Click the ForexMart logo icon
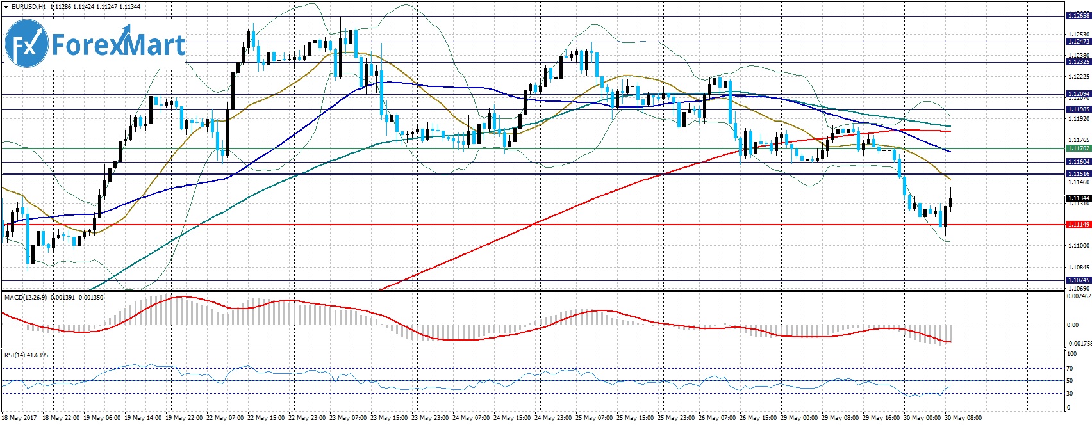tap(26, 44)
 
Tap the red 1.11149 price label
tap(1078, 225)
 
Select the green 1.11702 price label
tap(1078, 148)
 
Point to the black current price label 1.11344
tap(1078, 198)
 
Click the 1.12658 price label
tap(1078, 15)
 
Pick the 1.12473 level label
tap(1078, 42)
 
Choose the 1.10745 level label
tap(1078, 280)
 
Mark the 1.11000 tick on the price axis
tap(1078, 246)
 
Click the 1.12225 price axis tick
tap(1078, 77)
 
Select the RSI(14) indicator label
tap(17, 355)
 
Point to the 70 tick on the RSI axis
tap(1070, 369)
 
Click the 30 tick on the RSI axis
tap(1070, 394)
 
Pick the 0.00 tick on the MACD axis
tap(1072, 325)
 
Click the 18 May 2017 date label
tap(19, 419)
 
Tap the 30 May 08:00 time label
tap(963, 419)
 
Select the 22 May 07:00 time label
tap(225, 419)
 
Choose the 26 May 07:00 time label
tap(716, 419)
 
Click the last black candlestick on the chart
tap(950, 202)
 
